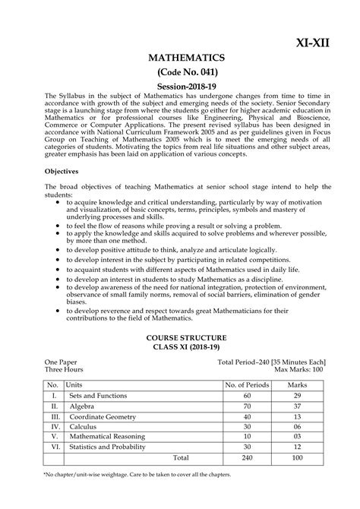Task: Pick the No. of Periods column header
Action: [x=247, y=386]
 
